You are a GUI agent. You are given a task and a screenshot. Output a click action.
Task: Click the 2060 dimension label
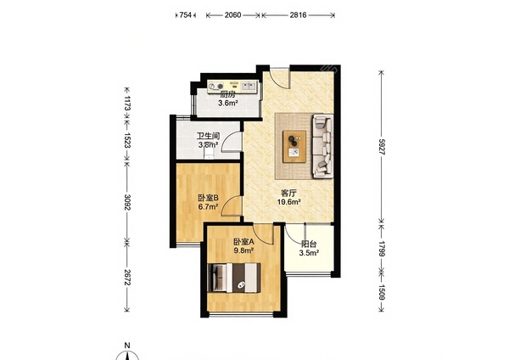(232, 15)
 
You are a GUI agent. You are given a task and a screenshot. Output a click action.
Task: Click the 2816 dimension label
(298, 15)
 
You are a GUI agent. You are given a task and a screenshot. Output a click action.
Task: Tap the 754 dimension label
(185, 15)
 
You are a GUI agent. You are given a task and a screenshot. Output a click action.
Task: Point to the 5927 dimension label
(382, 147)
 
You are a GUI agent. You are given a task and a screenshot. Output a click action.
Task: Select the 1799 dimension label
(382, 249)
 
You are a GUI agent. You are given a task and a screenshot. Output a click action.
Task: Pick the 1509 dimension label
(382, 292)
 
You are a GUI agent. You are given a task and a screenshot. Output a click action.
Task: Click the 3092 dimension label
(127, 202)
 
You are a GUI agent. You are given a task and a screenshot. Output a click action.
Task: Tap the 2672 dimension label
(127, 278)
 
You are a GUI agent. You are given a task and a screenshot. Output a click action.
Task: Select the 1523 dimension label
(127, 140)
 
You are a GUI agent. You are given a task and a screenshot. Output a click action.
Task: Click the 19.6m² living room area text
(288, 202)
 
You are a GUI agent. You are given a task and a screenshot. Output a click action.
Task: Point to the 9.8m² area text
(243, 250)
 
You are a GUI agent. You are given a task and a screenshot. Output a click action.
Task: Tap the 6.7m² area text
(208, 206)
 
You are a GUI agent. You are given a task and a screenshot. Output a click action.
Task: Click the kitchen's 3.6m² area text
(228, 104)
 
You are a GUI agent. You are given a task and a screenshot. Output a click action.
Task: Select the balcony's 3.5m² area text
(309, 253)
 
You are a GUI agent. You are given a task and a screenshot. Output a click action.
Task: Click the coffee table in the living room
(294, 146)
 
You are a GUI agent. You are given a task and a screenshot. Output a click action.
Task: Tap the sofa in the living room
(323, 146)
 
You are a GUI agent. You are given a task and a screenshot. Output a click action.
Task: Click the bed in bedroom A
(234, 278)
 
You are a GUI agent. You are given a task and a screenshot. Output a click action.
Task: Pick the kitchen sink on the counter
(249, 86)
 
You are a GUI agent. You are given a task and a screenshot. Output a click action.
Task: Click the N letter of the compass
(127, 345)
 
